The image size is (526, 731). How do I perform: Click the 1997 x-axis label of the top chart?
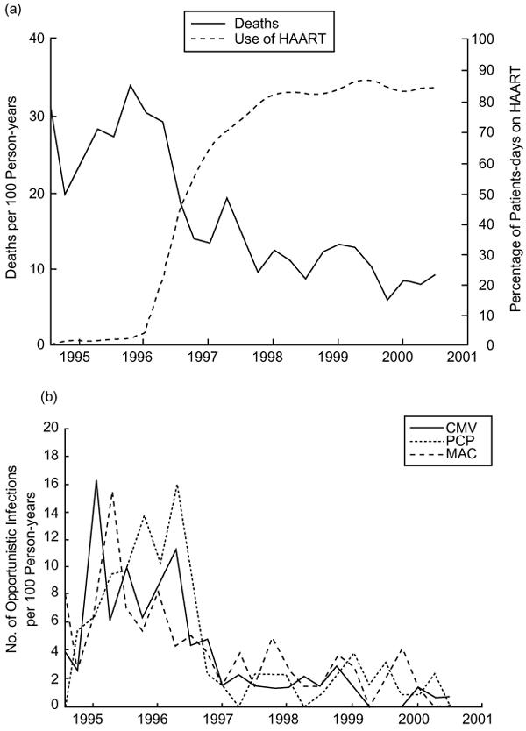pyautogui.click(x=207, y=358)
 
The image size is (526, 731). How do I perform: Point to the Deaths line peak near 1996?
pyautogui.click(x=130, y=85)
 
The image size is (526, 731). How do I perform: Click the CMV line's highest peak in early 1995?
pyautogui.click(x=96, y=480)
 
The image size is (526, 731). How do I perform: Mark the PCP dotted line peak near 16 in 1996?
pyautogui.click(x=177, y=484)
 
